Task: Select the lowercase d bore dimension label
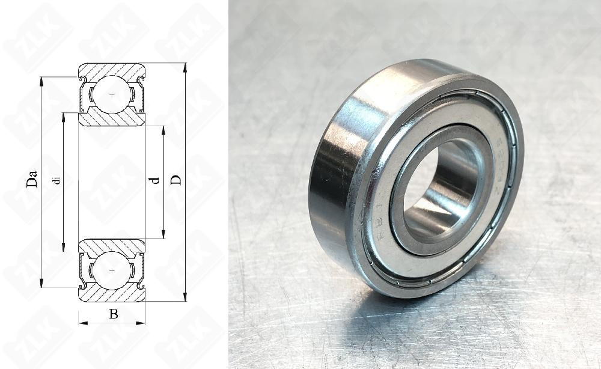coord(156,180)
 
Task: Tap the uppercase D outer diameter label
coord(176,180)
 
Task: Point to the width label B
coord(113,314)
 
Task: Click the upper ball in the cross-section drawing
coord(112,95)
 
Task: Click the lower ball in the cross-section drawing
coord(112,270)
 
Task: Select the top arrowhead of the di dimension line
coord(64,117)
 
